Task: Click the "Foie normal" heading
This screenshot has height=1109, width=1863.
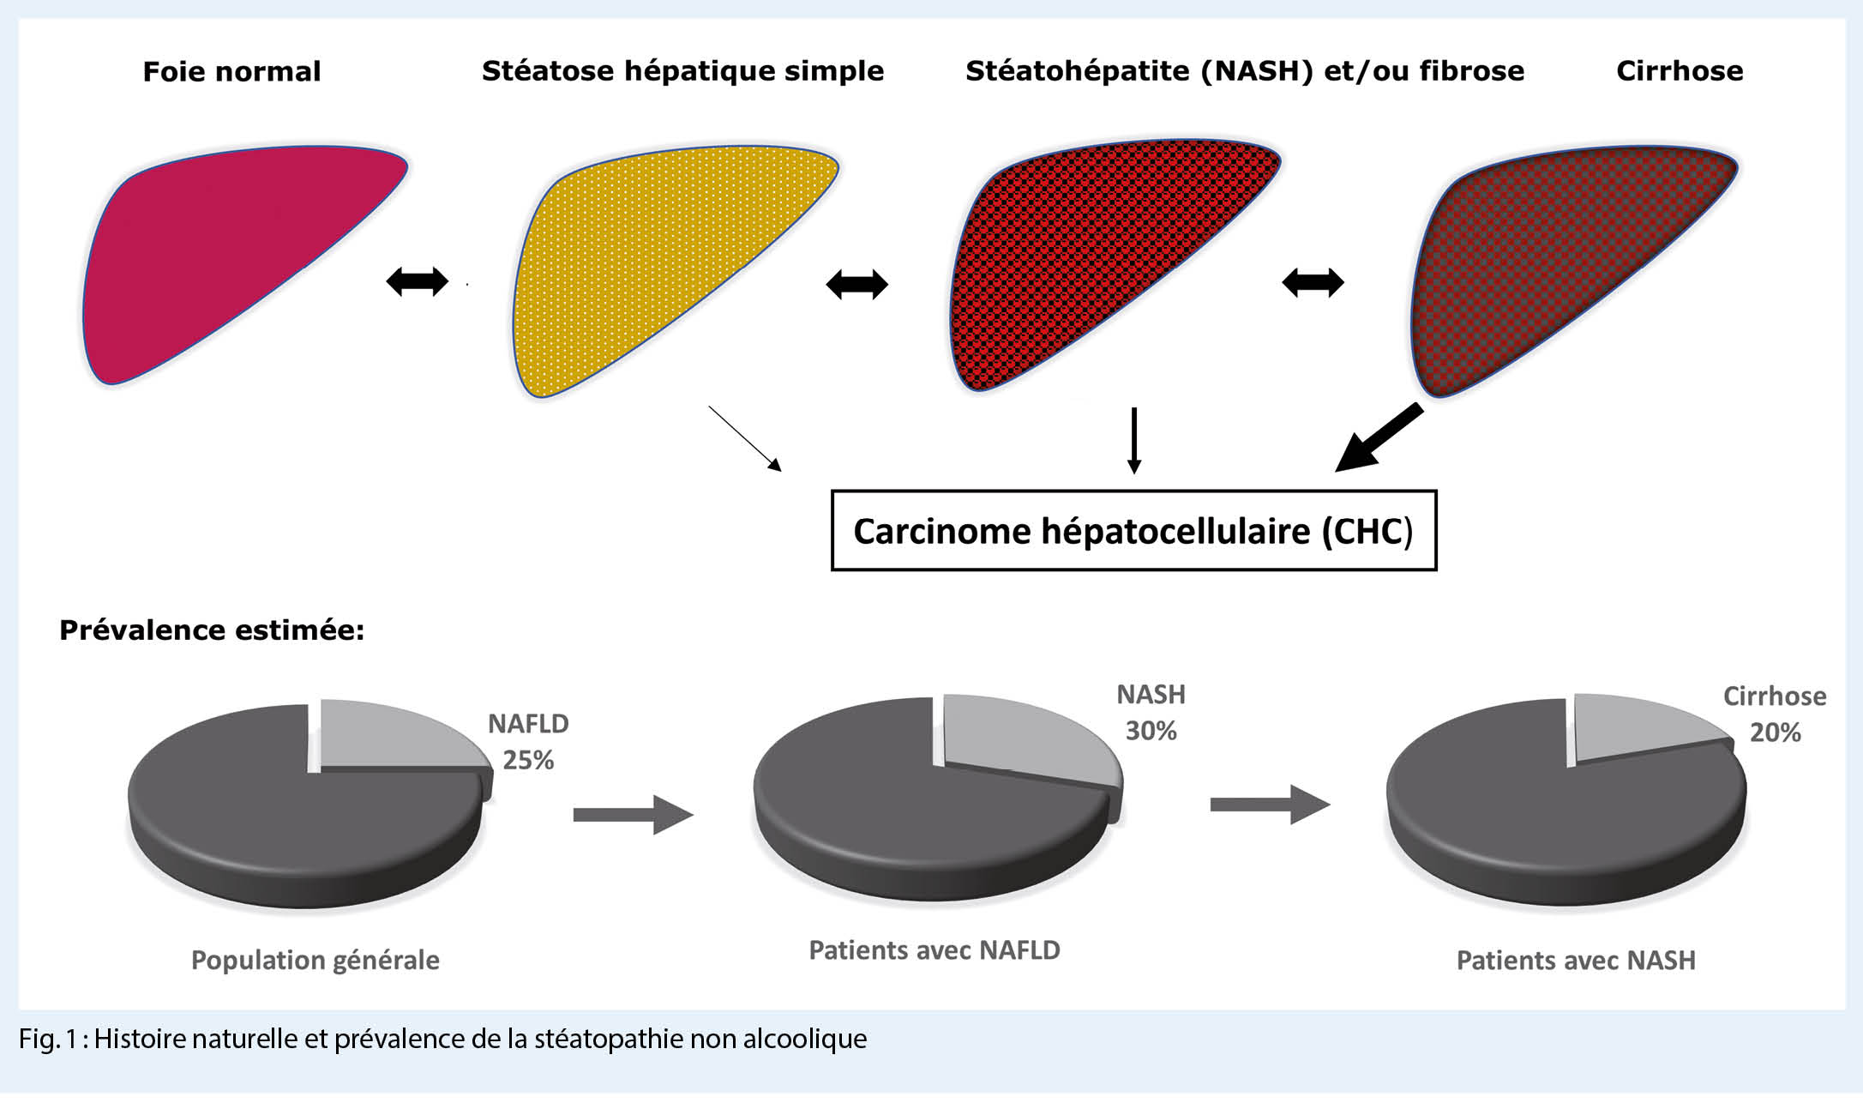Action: [x=231, y=71]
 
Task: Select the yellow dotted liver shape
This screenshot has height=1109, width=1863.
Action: [x=652, y=257]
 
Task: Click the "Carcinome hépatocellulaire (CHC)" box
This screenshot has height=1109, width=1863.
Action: [x=1133, y=531]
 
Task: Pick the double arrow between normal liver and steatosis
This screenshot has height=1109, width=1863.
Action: [x=418, y=281]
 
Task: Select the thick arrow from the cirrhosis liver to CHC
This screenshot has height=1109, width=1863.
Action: [x=1379, y=438]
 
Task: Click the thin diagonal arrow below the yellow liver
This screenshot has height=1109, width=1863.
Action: [x=745, y=438]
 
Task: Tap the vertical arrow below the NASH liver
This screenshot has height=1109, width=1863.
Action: [x=1134, y=441]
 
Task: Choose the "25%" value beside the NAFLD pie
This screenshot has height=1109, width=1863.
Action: [x=528, y=760]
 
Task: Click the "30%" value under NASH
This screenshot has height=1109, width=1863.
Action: [x=1151, y=731]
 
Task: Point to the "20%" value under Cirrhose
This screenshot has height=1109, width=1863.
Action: [x=1776, y=732]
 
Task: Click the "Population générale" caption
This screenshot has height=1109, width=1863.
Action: [x=316, y=960]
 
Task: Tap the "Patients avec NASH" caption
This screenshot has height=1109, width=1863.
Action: [x=1576, y=960]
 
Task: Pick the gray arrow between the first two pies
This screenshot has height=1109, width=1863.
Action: [x=634, y=814]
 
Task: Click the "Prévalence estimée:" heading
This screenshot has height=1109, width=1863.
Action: [x=212, y=630]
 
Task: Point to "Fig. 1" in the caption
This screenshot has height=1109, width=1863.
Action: [x=48, y=1039]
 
